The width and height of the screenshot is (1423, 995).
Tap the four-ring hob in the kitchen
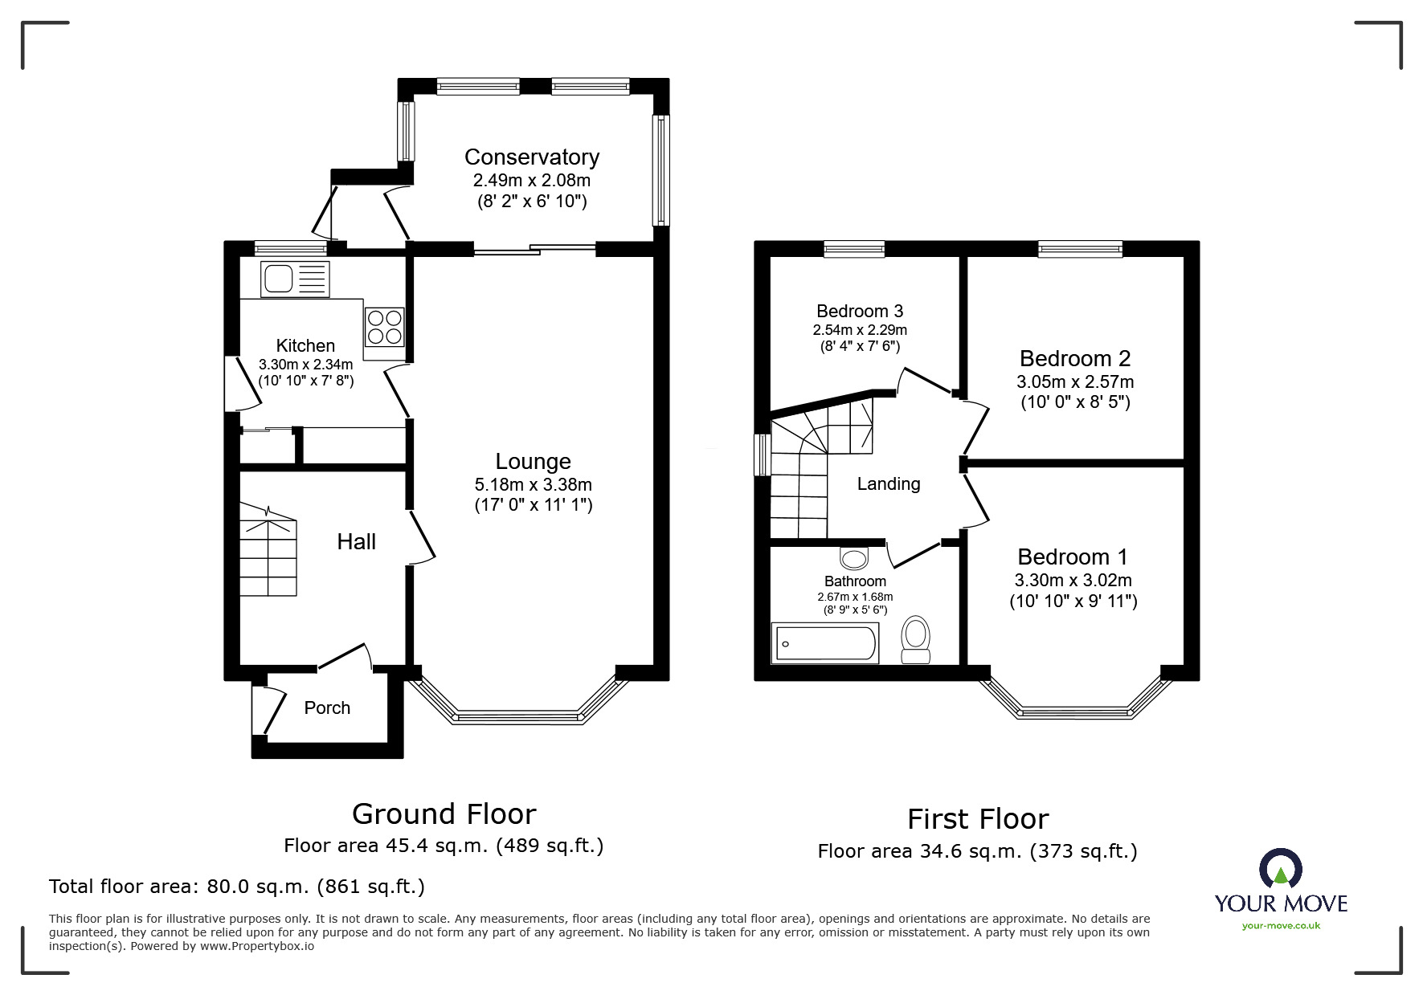tap(384, 328)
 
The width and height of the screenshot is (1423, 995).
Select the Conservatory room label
tap(531, 157)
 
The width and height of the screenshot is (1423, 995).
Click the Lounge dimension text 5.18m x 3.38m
tap(533, 484)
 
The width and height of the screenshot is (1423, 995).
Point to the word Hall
tap(356, 542)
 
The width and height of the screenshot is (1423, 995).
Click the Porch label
tap(327, 708)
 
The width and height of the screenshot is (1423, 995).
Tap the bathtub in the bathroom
tap(824, 644)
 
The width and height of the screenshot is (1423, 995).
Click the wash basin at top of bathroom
tap(854, 557)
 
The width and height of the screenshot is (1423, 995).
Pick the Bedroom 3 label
tap(860, 312)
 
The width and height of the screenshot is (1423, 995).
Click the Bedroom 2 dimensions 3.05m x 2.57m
tap(1075, 381)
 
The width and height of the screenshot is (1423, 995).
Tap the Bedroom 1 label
tap(1072, 557)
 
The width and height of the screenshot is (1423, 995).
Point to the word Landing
tap(888, 484)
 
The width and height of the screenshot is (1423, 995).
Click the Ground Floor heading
tap(444, 814)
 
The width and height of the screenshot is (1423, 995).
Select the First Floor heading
tap(977, 819)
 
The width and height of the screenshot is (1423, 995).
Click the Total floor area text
tap(237, 887)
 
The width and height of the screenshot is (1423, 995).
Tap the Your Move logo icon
tap(1280, 868)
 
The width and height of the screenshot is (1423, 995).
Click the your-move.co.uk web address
tap(1280, 926)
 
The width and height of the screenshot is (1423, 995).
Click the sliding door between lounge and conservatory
tap(534, 250)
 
